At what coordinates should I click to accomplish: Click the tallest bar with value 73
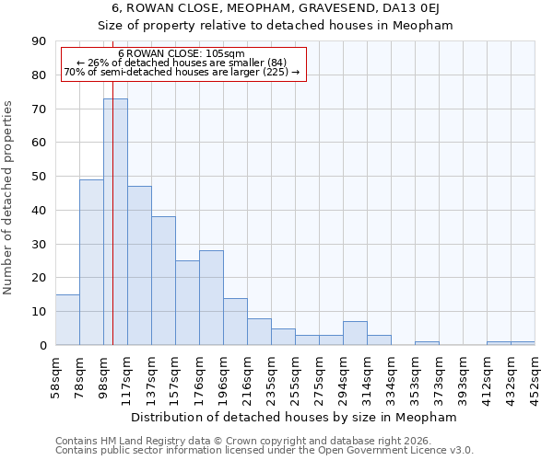tap(115, 222)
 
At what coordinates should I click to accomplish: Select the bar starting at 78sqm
tap(91, 262)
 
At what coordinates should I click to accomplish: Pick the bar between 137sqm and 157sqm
tap(163, 281)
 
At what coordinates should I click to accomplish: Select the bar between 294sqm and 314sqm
tap(355, 333)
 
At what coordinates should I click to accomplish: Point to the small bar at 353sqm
tap(427, 343)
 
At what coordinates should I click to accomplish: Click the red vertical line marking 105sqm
tap(112, 230)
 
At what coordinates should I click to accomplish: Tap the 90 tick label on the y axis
tap(39, 41)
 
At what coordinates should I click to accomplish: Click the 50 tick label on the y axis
tap(39, 177)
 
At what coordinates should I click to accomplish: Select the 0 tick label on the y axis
tap(42, 345)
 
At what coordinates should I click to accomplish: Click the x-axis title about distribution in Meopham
tap(295, 417)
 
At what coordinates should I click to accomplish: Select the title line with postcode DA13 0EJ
tap(276, 8)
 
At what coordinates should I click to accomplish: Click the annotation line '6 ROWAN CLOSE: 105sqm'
tap(182, 53)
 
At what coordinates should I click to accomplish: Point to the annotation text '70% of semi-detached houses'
tap(182, 72)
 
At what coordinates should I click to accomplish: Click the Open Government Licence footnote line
tap(265, 450)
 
